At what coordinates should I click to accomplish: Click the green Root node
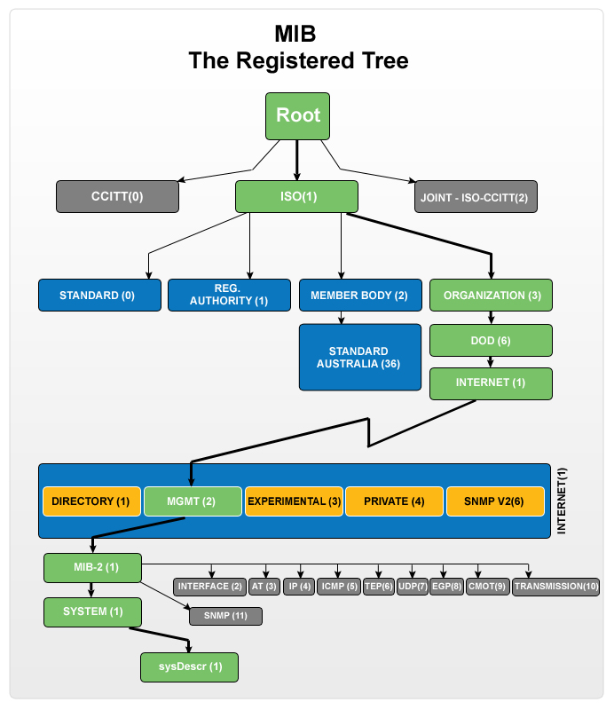pos(297,116)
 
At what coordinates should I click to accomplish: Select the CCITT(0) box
pos(117,196)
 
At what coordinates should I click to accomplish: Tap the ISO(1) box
pos(296,196)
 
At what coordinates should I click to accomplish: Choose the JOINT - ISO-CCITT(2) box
pos(476,196)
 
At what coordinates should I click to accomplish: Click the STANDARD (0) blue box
pos(99,295)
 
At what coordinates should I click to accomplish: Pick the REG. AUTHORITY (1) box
pos(229,295)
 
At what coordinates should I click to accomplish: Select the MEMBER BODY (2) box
pos(359,295)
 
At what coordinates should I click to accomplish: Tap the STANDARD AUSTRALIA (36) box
pos(359,357)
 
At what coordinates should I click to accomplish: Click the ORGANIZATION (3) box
pos(491,295)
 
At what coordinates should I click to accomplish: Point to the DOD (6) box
pos(491,339)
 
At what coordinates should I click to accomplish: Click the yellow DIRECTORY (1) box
pos(91,501)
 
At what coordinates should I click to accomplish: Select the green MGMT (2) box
pos(192,501)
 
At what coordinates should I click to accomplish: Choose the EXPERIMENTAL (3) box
pos(293,501)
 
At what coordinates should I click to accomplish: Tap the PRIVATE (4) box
pos(394,501)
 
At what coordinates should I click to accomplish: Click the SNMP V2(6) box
pos(493,501)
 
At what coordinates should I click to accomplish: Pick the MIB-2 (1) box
pos(92,567)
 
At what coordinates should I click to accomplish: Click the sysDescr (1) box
pos(189,667)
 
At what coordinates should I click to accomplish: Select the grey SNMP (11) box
pos(225,616)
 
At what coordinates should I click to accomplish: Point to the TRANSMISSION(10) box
pos(556,587)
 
